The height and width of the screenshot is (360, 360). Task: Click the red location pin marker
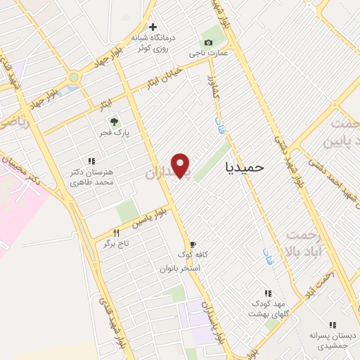[181, 165]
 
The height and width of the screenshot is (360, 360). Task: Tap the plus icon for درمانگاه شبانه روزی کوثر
[153, 27]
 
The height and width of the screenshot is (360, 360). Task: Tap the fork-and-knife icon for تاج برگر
[117, 233]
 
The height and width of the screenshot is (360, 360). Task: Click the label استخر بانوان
[181, 269]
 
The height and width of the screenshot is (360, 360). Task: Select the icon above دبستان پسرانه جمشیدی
[332, 325]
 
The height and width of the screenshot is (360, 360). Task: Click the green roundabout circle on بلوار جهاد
[74, 77]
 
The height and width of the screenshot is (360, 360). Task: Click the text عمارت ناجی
[209, 53]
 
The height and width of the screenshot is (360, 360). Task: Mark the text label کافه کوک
[191, 255]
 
